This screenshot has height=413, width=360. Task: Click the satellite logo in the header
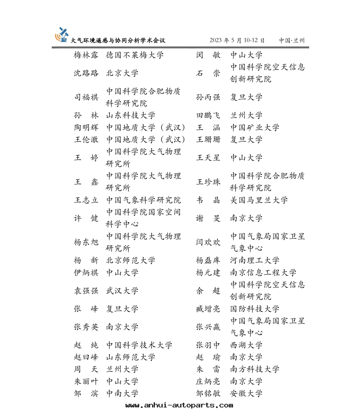[62, 34]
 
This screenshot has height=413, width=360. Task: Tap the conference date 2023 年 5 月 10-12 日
[237, 40]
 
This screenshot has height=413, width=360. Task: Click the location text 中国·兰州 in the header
[292, 40]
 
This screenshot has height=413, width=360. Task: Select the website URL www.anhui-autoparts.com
[180, 405]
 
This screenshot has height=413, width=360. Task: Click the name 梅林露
[86, 55]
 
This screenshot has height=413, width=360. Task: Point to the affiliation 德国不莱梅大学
[135, 55]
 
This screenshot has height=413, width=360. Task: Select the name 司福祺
[86, 97]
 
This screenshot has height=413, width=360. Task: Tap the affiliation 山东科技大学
[131, 116]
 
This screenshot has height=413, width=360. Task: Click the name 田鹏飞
[208, 116]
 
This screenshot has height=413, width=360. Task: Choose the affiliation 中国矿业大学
[255, 128]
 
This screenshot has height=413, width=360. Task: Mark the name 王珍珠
[208, 182]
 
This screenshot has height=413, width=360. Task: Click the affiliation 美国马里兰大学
[259, 200]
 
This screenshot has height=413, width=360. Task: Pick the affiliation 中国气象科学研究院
[143, 200]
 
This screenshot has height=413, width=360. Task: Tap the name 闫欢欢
[208, 243]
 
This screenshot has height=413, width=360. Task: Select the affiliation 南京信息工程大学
[263, 273]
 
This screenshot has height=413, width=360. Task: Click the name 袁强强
[86, 291]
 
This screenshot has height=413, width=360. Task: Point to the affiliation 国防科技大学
[255, 309]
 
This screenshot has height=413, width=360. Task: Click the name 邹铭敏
[208, 394]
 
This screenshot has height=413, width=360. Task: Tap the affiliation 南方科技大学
[255, 369]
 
